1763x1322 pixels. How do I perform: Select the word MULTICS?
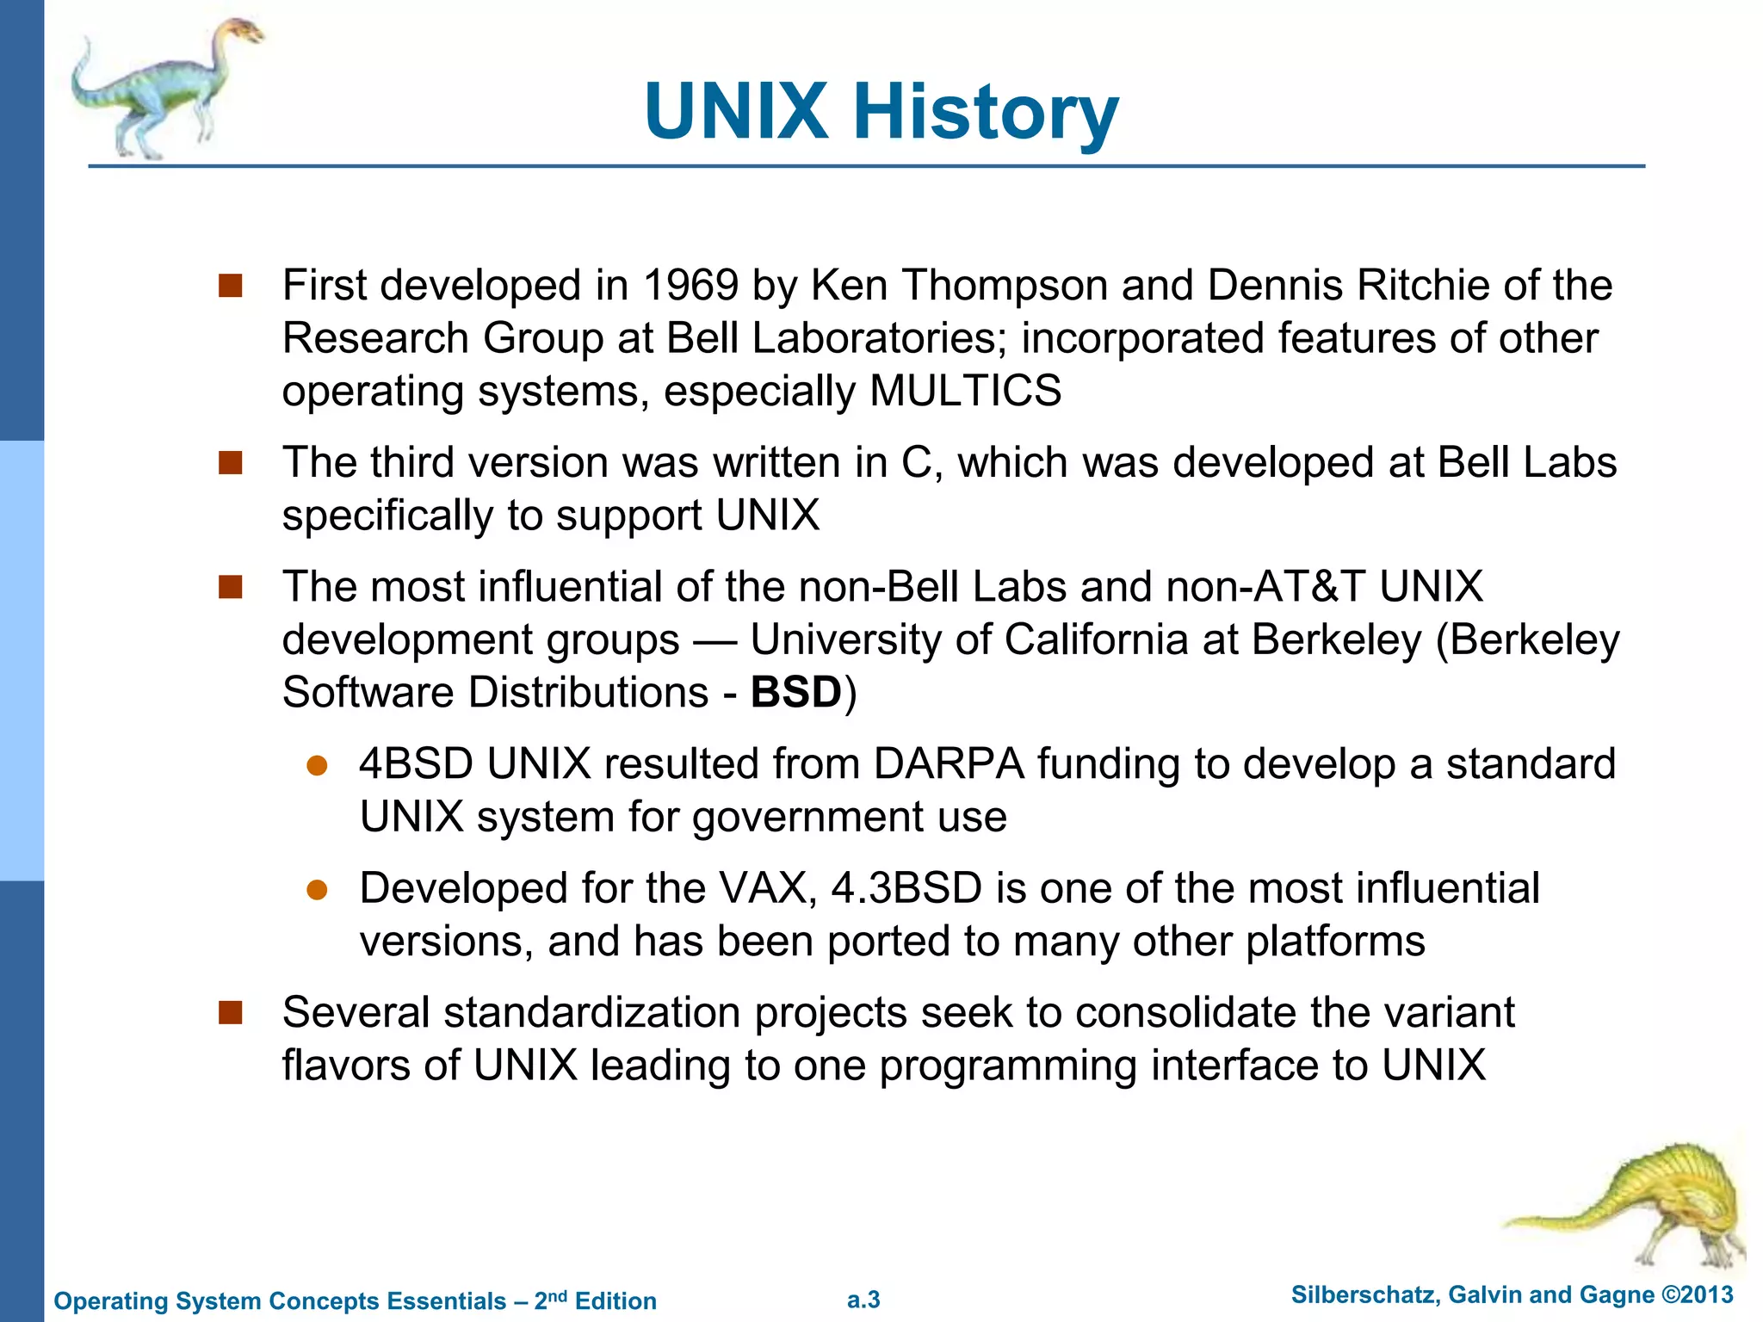tap(965, 391)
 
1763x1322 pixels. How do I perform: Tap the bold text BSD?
tap(795, 693)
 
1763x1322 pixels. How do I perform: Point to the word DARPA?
tap(949, 764)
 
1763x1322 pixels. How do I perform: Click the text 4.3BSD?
tap(906, 888)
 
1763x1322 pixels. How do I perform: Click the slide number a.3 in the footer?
tap(863, 1300)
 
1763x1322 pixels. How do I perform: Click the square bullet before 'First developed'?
tap(230, 286)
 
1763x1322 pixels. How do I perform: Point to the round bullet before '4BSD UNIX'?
tap(317, 766)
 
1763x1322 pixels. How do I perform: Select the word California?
tap(1096, 639)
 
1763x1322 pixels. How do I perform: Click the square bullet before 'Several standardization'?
tap(230, 1013)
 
